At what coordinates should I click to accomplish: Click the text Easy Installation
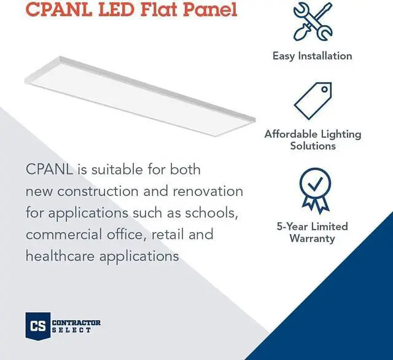[312, 56]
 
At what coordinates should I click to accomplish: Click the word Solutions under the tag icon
[313, 146]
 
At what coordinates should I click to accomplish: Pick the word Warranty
[313, 238]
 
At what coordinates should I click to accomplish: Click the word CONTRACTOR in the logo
[77, 323]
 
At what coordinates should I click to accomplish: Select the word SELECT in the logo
[72, 331]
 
